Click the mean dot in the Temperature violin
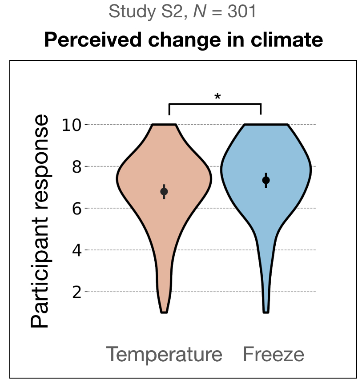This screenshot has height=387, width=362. [x=164, y=192]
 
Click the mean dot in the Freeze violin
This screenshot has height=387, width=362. [x=266, y=180]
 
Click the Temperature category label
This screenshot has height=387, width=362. [x=164, y=355]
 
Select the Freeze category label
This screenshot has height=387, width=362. [x=274, y=355]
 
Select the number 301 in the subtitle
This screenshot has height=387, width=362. [x=241, y=12]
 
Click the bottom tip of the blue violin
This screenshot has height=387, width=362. [x=266, y=312]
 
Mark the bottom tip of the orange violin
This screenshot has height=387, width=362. [x=164, y=312]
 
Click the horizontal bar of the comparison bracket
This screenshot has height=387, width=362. [x=215, y=104]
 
